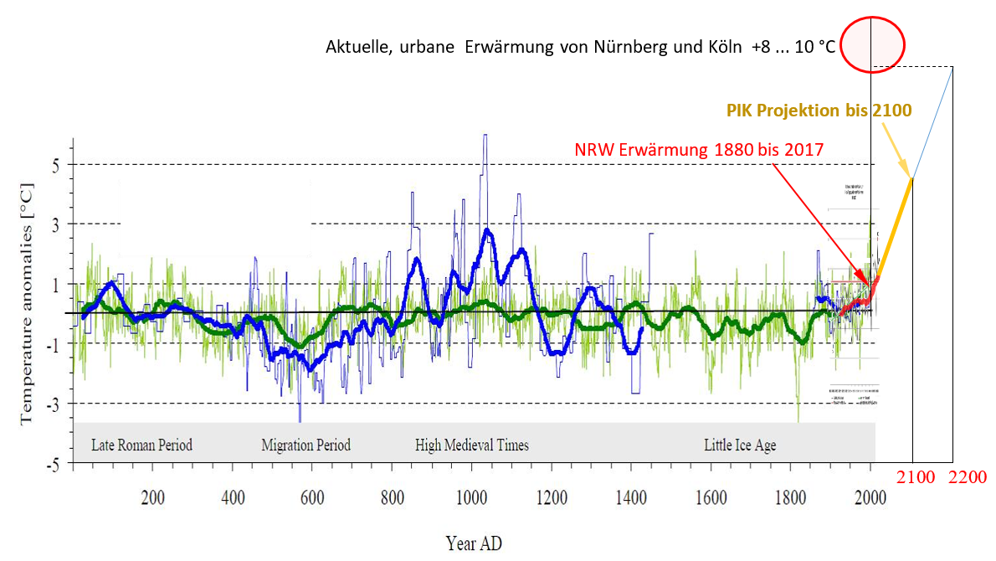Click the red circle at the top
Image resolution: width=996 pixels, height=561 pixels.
click(x=872, y=44)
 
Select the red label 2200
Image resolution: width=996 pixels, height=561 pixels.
click(x=968, y=477)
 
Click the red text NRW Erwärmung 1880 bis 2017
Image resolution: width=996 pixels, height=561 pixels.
click(x=699, y=150)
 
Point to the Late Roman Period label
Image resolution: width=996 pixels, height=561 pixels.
click(x=141, y=445)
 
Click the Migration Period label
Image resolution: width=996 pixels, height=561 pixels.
click(x=305, y=445)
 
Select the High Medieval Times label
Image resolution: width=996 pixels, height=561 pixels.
click(x=472, y=445)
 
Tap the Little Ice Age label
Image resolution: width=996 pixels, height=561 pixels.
click(x=740, y=445)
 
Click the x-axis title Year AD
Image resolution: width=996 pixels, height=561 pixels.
click(x=474, y=543)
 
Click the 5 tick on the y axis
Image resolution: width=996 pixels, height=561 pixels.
click(x=56, y=164)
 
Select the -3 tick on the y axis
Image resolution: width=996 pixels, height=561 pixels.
click(x=54, y=404)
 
